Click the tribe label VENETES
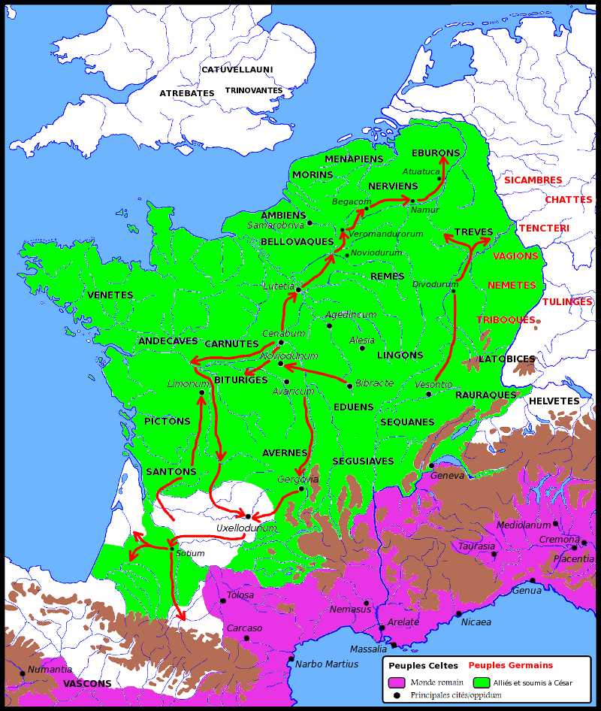click(110, 295)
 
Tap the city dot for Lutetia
click(298, 289)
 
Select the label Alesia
click(361, 340)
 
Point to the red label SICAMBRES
click(533, 180)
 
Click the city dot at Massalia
click(394, 645)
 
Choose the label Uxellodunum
click(246, 528)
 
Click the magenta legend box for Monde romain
click(397, 682)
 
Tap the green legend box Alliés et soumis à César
click(482, 682)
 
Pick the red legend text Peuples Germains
click(510, 665)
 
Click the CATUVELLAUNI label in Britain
click(237, 70)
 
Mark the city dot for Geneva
click(431, 466)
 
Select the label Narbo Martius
click(327, 664)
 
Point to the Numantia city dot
click(22, 673)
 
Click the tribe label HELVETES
click(554, 401)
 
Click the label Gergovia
click(298, 479)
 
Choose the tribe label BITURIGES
click(241, 380)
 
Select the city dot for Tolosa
click(223, 601)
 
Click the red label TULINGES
click(567, 302)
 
